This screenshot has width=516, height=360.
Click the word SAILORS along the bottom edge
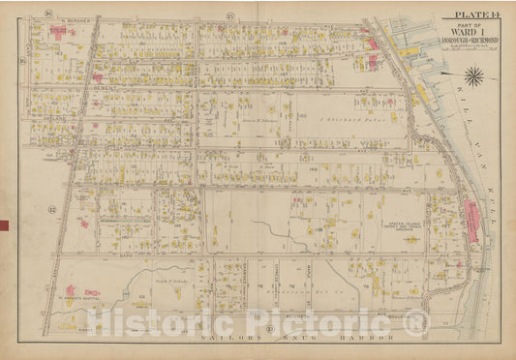pyautogui.click(x=204, y=343)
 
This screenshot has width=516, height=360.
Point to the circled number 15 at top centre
pyautogui.click(x=229, y=16)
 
